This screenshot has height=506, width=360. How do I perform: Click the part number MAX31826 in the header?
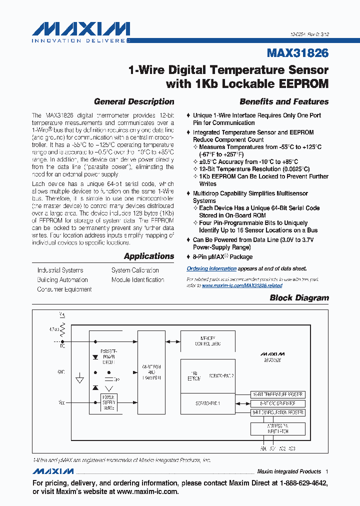tap(298, 53)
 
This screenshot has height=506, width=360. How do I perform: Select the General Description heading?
tap(134, 101)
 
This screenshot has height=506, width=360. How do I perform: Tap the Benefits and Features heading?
tap(284, 101)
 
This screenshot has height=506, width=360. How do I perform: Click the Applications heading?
tap(149, 256)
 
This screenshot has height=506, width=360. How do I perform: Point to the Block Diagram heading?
tap(299, 298)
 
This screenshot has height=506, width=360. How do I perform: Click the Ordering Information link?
tap(208, 269)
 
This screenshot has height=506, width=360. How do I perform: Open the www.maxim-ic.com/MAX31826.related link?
tap(242, 285)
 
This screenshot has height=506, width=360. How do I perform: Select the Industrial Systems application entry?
tap(60, 270)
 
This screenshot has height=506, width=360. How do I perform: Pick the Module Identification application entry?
tap(137, 280)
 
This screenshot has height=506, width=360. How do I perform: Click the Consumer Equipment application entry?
tap(64, 289)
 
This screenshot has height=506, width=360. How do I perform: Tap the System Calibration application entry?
tap(135, 270)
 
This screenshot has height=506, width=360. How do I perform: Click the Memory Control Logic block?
tap(207, 341)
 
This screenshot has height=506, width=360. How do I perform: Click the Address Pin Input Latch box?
tap(277, 428)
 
